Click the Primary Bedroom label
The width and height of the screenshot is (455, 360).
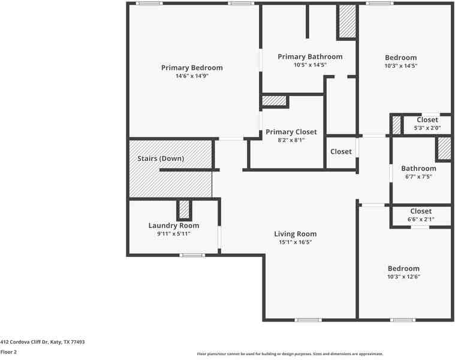coord(192,68)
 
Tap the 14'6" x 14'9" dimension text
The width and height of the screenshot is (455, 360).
coord(192,76)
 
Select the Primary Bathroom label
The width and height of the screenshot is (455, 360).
coord(310,56)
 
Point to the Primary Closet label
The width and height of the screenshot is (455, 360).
coord(291,132)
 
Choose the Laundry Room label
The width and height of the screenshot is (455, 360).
coord(174,226)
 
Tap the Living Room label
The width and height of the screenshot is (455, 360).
coord(296,234)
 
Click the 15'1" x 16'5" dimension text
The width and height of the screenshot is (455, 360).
coord(296,242)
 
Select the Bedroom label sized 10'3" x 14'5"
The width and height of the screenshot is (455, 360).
coord(401,58)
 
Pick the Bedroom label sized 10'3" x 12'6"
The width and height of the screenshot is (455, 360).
coord(403,268)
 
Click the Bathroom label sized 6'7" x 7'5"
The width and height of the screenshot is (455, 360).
coord(418,169)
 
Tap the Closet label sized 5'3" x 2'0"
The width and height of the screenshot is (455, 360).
coord(427,120)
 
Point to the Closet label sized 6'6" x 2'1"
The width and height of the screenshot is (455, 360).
coord(421,211)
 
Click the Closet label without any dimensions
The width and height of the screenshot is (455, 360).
coord(341,152)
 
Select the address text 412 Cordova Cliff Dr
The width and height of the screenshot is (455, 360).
coord(43,342)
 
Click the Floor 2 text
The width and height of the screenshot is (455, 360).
coord(8,352)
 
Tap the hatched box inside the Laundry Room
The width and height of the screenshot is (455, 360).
coord(183,209)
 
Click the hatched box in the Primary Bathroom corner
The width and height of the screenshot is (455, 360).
coord(347,22)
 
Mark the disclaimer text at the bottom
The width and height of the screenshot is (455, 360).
coord(290,354)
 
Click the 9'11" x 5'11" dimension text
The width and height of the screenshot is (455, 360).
coord(174,234)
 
